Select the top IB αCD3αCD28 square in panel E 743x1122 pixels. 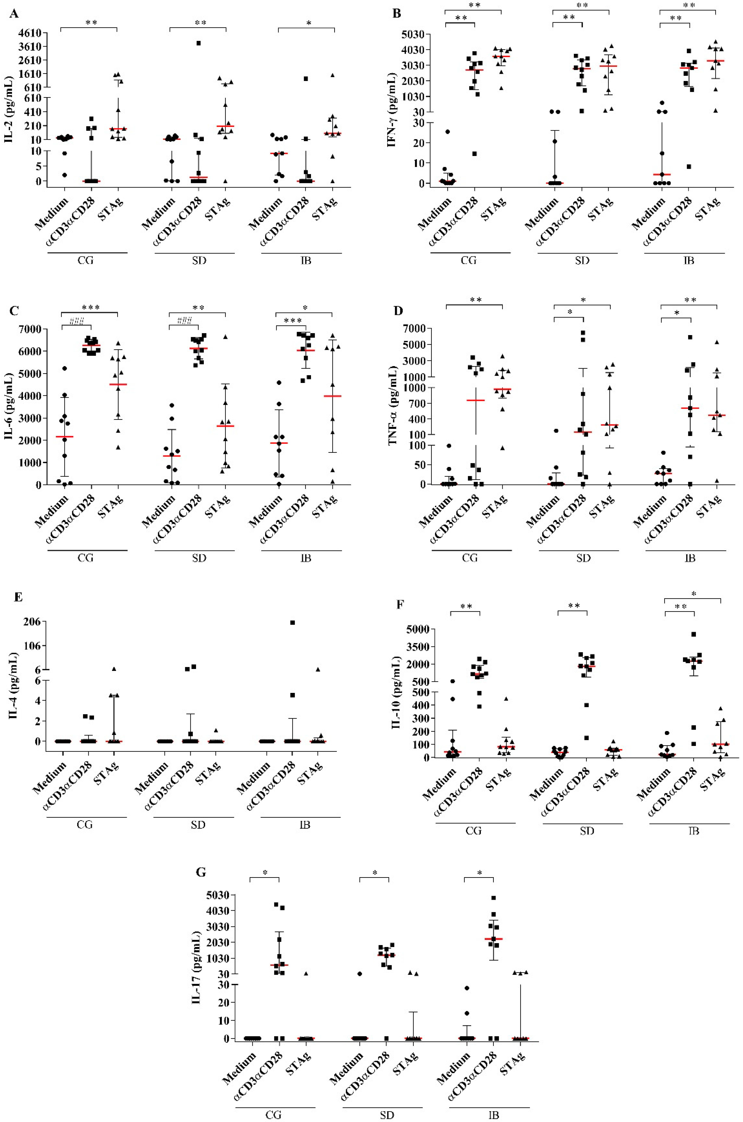pos(293,622)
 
